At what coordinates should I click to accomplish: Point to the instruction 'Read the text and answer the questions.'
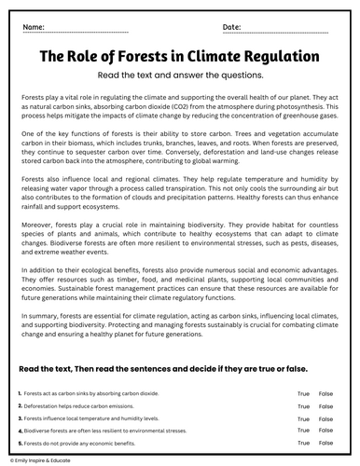180,75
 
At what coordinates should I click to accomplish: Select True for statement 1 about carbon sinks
303,395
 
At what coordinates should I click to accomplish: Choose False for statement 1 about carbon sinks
325,395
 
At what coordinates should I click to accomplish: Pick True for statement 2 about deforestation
303,407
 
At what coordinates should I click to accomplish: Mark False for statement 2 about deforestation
325,407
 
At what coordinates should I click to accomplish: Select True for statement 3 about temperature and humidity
303,419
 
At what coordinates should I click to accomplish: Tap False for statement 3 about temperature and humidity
325,419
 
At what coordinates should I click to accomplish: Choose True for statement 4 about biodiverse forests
303,432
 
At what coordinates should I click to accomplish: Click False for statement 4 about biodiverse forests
325,432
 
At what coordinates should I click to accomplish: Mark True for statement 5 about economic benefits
303,444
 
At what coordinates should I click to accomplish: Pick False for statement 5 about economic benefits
325,444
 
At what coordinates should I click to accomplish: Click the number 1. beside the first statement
21,395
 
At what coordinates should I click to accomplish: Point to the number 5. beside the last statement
21,444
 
